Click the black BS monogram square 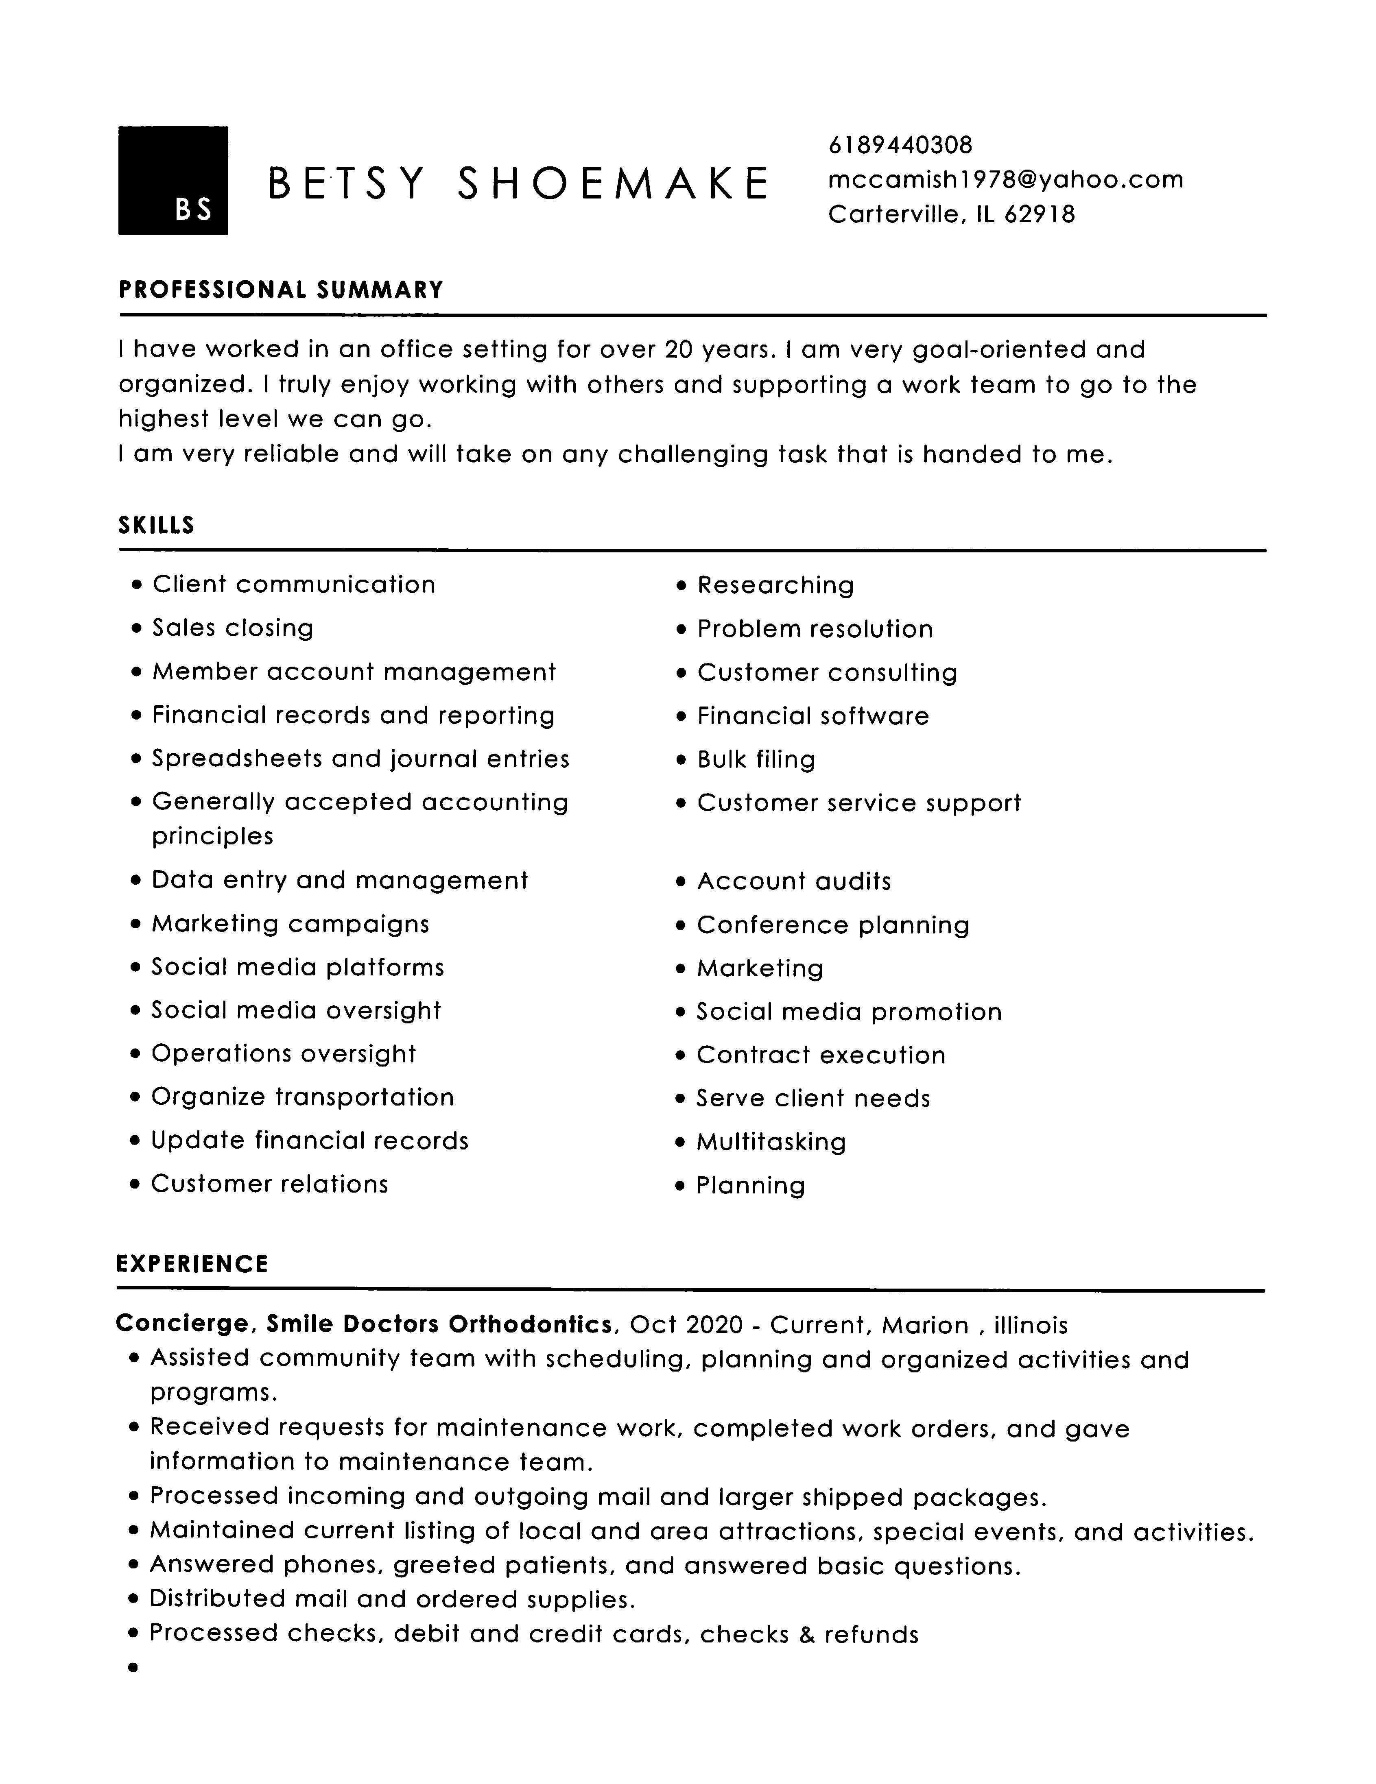[x=173, y=181]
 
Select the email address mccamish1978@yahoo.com [x=1005, y=180]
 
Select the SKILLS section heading [x=156, y=525]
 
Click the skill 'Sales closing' [x=233, y=628]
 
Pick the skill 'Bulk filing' [x=756, y=760]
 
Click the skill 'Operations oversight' [x=284, y=1054]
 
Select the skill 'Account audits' [x=793, y=881]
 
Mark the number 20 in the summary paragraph [x=678, y=350]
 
